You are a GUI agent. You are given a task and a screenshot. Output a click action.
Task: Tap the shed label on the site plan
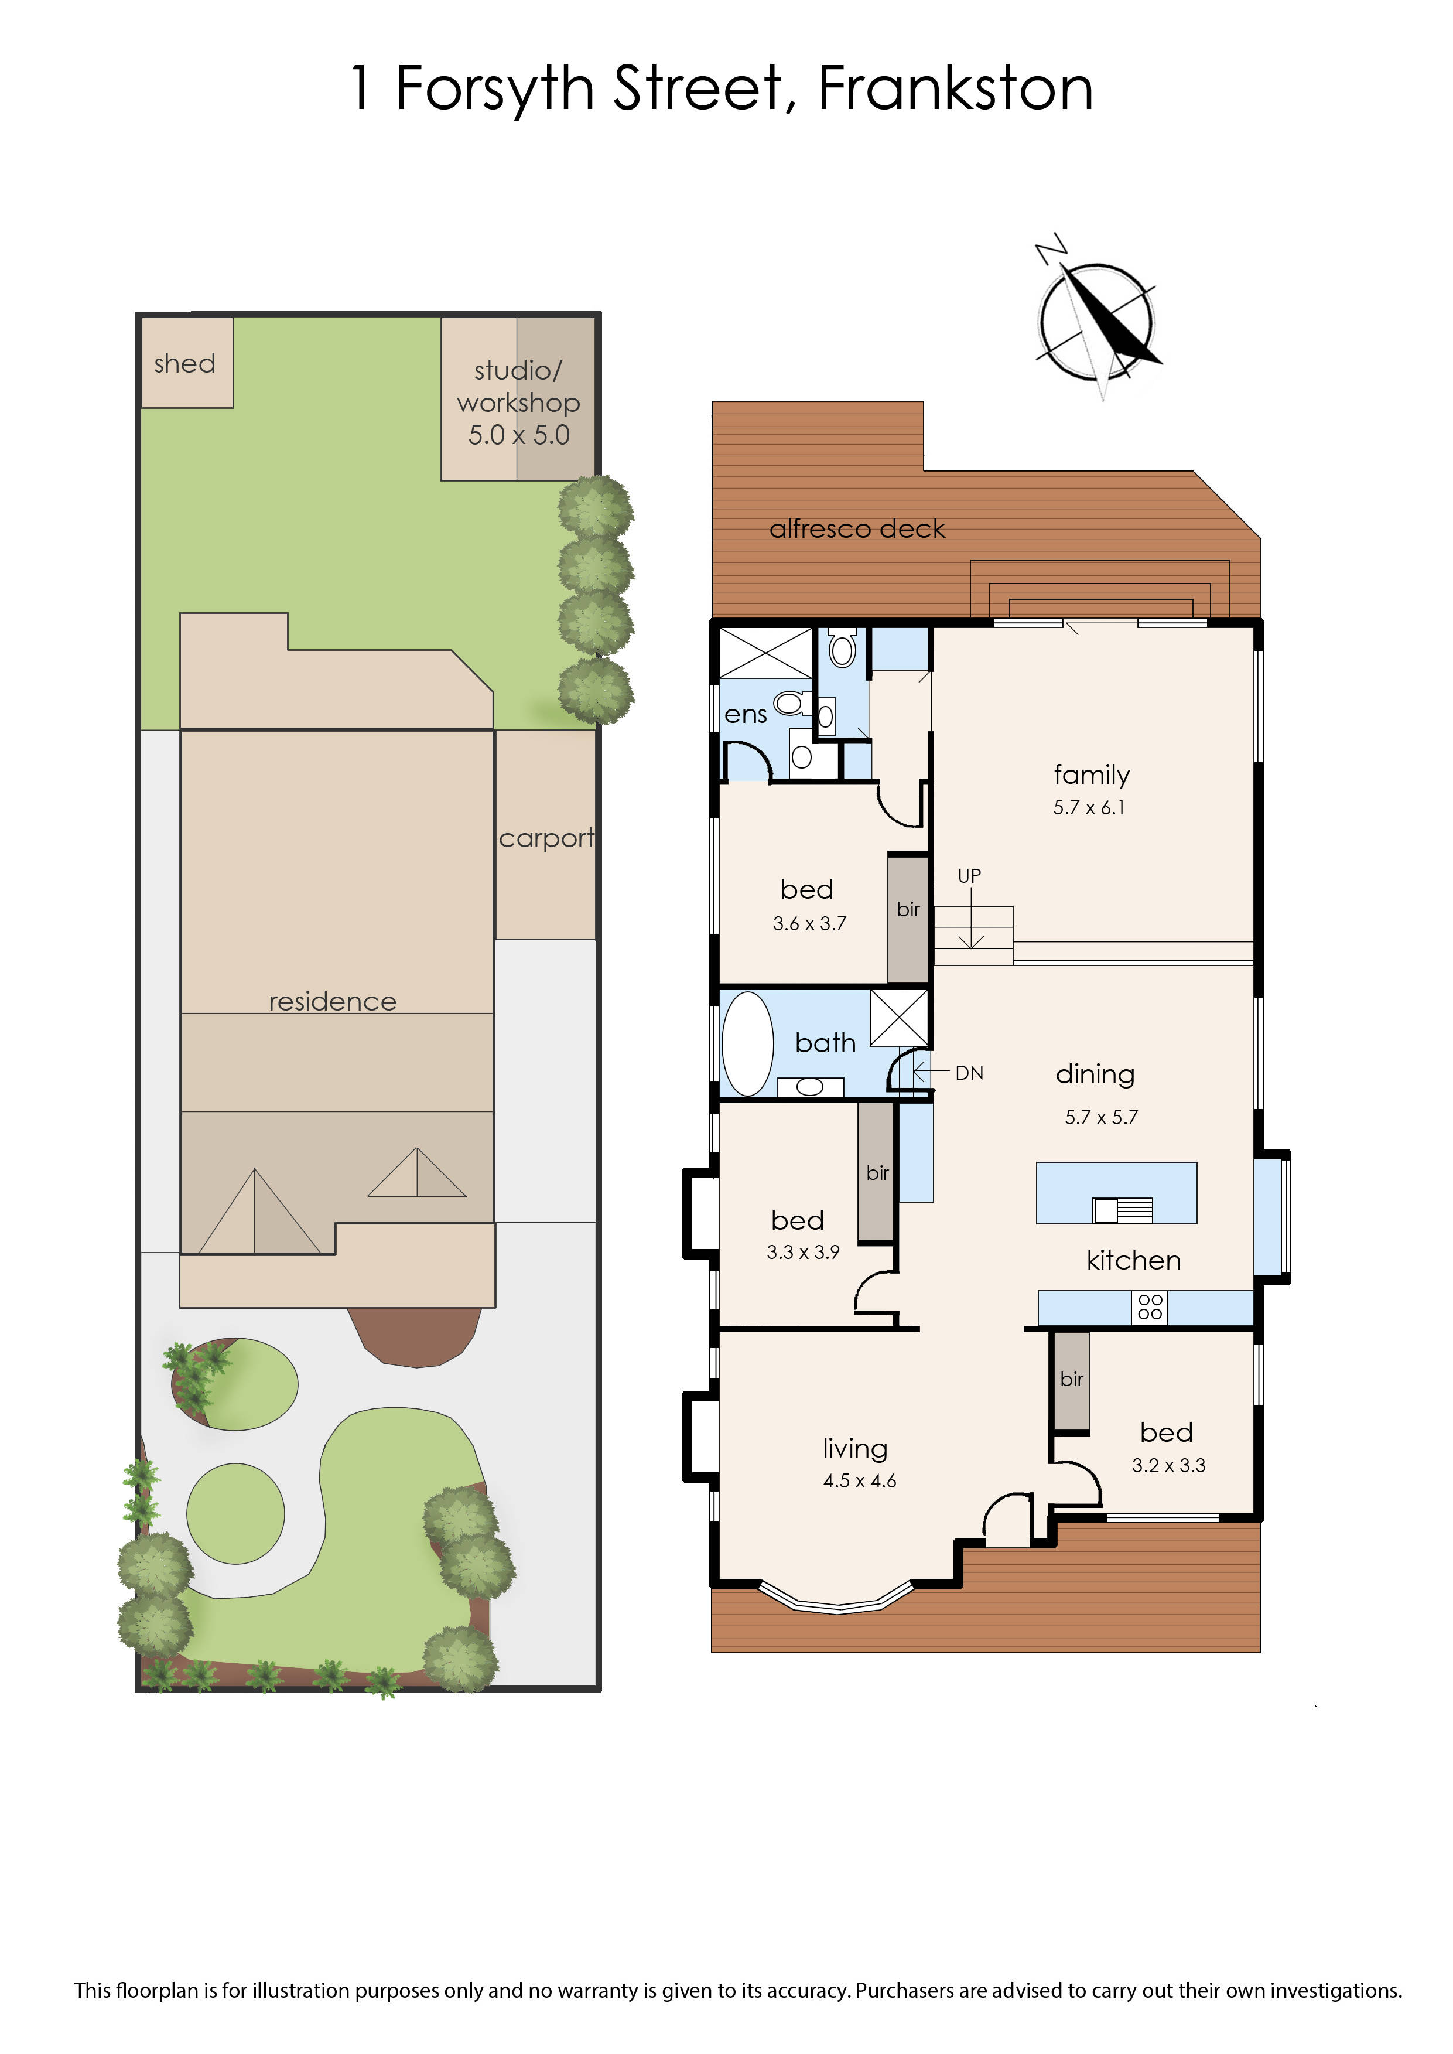click(x=184, y=363)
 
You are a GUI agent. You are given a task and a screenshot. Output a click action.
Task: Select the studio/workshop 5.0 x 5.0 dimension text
click(x=519, y=435)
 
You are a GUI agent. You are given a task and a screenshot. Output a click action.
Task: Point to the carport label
click(x=546, y=838)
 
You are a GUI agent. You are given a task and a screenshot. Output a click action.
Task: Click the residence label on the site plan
click(x=333, y=1001)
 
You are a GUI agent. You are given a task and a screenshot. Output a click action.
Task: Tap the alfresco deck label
click(x=857, y=529)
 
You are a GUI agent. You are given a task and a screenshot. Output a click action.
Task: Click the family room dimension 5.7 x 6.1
click(x=1089, y=807)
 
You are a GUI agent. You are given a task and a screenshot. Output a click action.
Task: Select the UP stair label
click(x=970, y=876)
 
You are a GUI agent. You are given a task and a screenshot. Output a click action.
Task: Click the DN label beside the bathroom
click(x=969, y=1073)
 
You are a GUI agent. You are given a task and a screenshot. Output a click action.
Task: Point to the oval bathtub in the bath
click(x=747, y=1043)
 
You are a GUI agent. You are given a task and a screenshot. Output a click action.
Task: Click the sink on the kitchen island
click(x=1122, y=1210)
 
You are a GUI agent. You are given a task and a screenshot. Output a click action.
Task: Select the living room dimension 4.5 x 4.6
click(x=860, y=1481)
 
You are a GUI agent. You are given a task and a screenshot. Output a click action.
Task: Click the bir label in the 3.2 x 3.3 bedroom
click(x=1072, y=1379)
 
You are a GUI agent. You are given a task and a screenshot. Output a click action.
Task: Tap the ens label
click(x=746, y=715)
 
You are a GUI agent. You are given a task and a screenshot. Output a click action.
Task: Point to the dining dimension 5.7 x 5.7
click(x=1102, y=1117)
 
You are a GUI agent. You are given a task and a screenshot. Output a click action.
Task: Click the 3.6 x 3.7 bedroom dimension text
click(x=810, y=924)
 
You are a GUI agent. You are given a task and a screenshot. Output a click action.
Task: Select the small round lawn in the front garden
click(x=235, y=1513)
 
